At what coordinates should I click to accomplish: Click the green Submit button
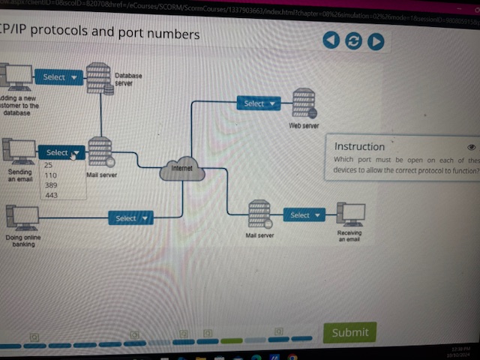(349, 332)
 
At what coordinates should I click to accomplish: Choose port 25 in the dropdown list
(49, 165)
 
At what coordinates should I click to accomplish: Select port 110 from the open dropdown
(51, 175)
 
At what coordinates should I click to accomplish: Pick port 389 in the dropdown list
(51, 184)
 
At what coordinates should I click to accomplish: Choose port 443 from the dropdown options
(51, 195)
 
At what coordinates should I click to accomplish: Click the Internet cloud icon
(182, 169)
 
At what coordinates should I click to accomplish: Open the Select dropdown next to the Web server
(259, 103)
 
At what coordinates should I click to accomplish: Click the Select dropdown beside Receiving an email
(304, 215)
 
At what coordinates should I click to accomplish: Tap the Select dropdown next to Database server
(59, 77)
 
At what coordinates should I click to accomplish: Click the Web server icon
(304, 103)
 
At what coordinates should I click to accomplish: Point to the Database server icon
(99, 78)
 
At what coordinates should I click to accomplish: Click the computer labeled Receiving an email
(350, 214)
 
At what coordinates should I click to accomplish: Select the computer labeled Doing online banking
(22, 217)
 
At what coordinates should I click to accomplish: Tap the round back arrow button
(331, 40)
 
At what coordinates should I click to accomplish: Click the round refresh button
(353, 41)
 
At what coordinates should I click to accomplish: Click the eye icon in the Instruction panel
(471, 148)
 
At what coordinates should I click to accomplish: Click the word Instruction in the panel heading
(359, 147)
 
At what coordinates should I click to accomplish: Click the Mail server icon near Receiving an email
(259, 214)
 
